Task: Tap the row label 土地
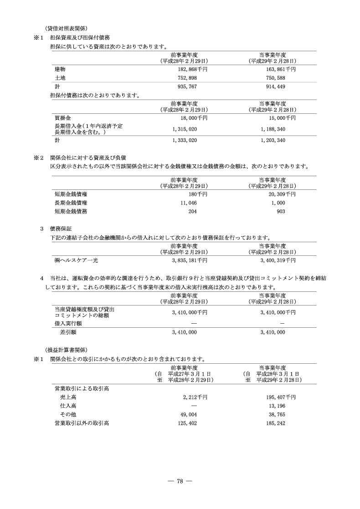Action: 60,78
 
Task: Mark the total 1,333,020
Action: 185,141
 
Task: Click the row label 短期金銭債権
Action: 71,194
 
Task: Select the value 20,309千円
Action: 279,194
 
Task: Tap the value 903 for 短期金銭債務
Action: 281,211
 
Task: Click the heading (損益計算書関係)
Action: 67,350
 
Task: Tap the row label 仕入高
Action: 68,406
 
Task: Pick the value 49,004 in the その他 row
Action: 189,414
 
